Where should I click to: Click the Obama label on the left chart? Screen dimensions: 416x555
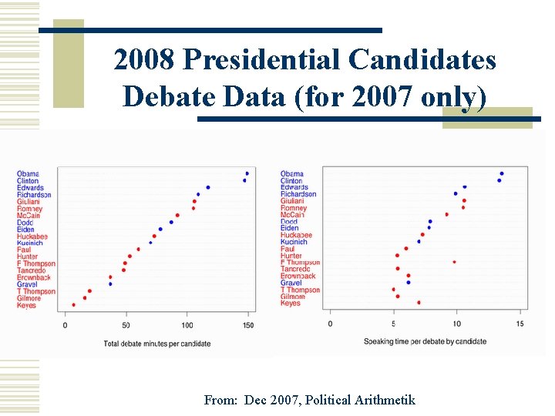pos(28,173)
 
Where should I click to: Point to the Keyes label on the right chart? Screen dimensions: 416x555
pos(291,304)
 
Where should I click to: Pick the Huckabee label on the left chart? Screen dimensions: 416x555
pos(32,237)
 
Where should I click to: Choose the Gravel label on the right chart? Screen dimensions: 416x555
pos(291,283)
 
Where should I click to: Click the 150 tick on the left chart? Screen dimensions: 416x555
pos(247,325)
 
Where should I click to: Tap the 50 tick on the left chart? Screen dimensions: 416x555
pos(126,325)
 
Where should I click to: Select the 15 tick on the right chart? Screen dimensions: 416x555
pos(520,324)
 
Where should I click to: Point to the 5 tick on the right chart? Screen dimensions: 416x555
pos(395,324)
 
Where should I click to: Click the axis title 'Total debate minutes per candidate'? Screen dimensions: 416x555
pos(156,344)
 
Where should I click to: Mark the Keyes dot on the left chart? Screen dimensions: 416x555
pos(73,305)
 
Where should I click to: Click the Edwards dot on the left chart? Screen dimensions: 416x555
pos(208,187)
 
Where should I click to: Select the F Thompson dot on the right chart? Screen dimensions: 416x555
pos(454,262)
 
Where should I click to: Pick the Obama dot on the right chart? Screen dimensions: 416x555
pos(502,173)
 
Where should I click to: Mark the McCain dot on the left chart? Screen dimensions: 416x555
pos(177,216)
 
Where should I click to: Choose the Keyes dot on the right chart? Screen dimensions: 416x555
pos(419,303)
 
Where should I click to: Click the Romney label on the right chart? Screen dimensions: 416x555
pos(294,208)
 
